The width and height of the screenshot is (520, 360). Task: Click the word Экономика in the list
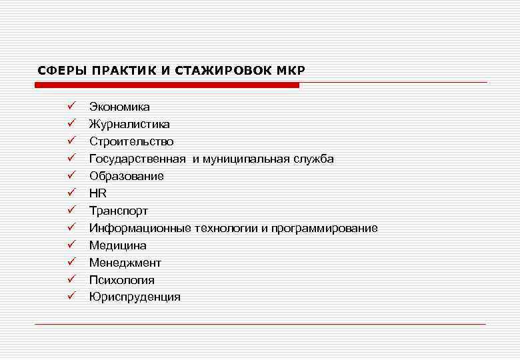119,107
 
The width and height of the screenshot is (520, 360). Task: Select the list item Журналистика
129,124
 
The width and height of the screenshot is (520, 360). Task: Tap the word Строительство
131,141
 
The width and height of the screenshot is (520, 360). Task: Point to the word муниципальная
245,159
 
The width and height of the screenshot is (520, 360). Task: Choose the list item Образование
127,176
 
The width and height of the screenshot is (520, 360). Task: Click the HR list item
98,193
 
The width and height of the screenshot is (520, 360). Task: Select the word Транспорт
119,211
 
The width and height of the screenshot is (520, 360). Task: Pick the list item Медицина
118,245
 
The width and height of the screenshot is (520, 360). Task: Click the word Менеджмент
125,263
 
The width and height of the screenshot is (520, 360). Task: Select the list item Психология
122,280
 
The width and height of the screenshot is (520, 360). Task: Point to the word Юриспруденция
135,297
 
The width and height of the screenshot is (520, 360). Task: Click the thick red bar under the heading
167,85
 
